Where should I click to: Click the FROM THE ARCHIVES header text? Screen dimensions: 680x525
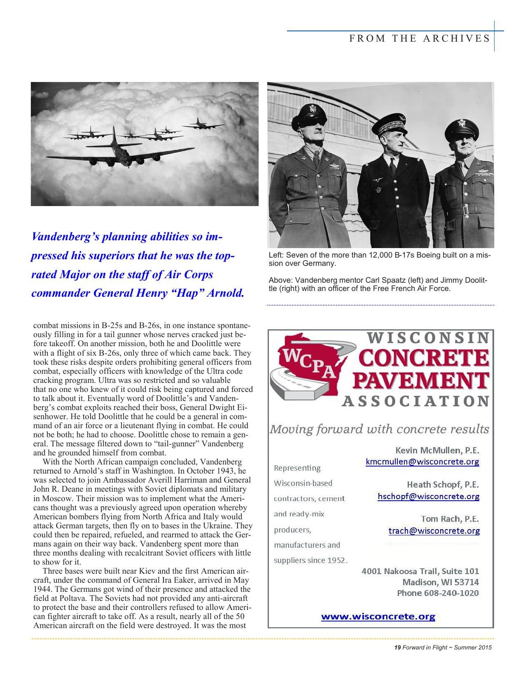[420, 39]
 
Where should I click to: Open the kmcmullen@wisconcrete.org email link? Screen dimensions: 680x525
[422, 462]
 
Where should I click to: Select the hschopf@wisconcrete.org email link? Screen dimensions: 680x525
[428, 496]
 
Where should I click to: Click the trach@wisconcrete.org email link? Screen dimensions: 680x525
[434, 531]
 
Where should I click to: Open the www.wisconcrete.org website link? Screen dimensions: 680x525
[378, 617]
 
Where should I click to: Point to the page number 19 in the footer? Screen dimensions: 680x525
[397, 647]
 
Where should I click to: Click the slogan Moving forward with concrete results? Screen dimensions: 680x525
[379, 429]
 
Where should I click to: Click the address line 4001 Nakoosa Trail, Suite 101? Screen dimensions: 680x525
[420, 571]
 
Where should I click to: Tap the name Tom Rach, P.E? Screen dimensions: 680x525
[450, 518]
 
